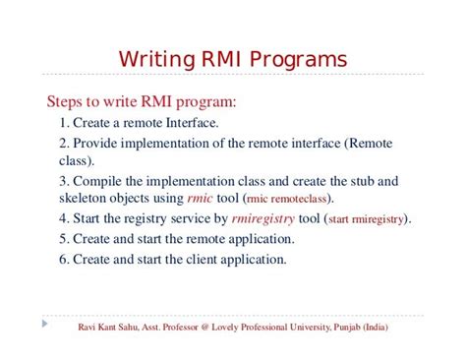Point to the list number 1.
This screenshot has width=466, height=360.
pyautogui.click(x=63, y=123)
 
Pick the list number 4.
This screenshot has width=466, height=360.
pyautogui.click(x=63, y=218)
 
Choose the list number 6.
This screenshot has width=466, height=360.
pyautogui.click(x=63, y=260)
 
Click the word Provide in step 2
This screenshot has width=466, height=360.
pyautogui.click(x=97, y=143)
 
